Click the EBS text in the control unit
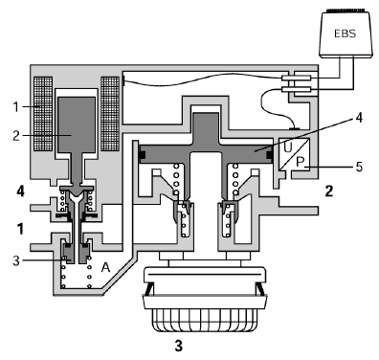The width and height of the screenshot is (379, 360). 345,34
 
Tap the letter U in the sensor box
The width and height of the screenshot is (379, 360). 288,147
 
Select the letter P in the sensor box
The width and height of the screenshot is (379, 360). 300,162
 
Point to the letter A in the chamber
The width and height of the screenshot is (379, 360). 105,267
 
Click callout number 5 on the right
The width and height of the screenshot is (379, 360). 359,167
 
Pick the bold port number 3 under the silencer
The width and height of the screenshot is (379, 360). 179,346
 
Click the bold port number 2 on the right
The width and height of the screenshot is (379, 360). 329,191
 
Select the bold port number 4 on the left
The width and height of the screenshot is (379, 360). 20,191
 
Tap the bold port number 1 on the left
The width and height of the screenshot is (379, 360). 20,229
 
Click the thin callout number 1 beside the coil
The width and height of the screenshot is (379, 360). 16,107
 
